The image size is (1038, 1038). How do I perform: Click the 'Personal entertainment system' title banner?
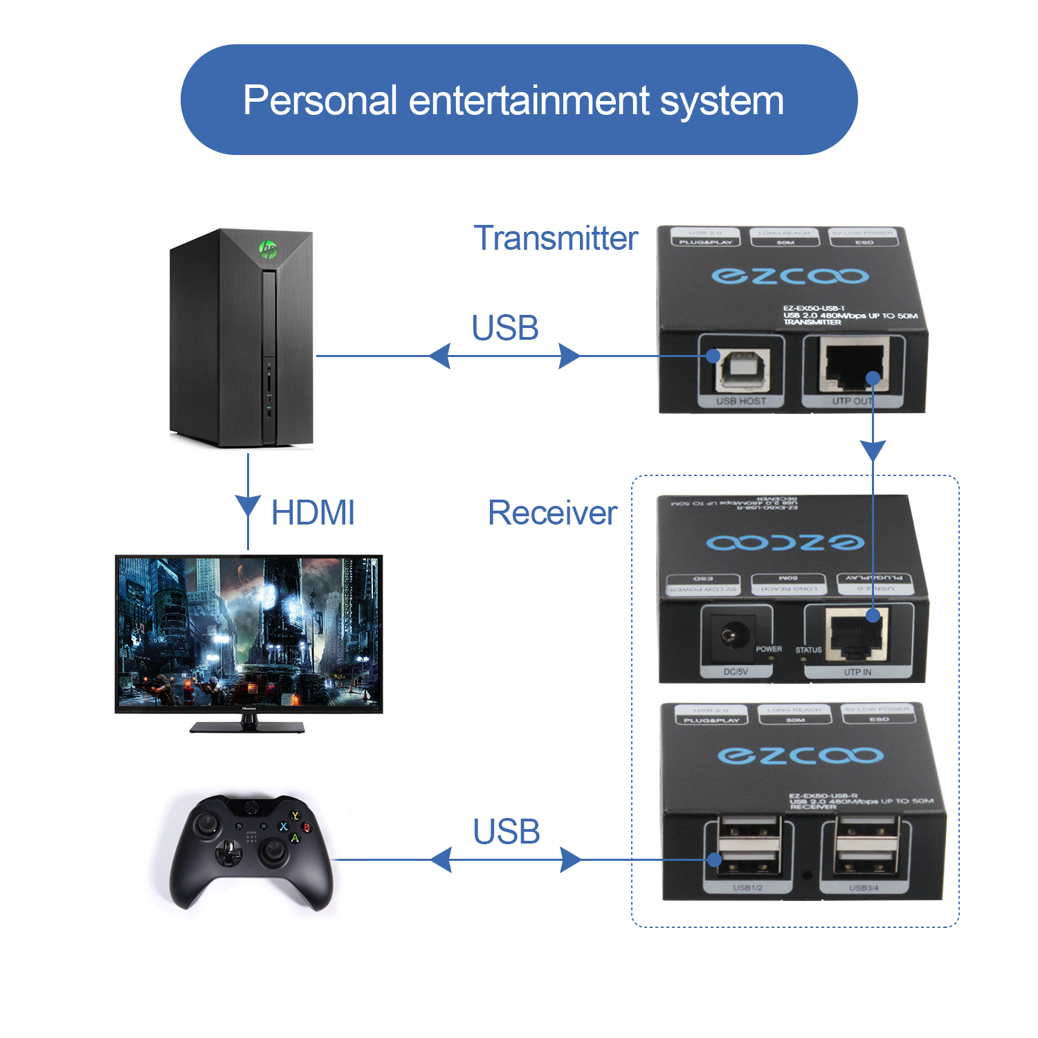pyautogui.click(x=519, y=100)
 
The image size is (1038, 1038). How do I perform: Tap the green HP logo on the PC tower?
pyautogui.click(x=268, y=248)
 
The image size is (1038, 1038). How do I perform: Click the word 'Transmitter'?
pyautogui.click(x=556, y=239)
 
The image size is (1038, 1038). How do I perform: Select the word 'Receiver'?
pyautogui.click(x=552, y=513)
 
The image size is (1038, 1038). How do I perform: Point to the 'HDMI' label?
pyautogui.click(x=313, y=513)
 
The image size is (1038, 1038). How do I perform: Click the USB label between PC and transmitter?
pyautogui.click(x=505, y=328)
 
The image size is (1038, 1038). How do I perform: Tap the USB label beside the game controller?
pyautogui.click(x=507, y=832)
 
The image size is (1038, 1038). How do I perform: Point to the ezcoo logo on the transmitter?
pyautogui.click(x=790, y=276)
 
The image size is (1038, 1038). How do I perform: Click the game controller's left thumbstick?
pyautogui.click(x=207, y=825)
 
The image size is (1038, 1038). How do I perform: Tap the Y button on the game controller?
pyautogui.click(x=295, y=817)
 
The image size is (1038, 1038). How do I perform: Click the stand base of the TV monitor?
pyautogui.click(x=247, y=727)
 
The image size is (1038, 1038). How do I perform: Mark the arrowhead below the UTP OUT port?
pyautogui.click(x=873, y=450)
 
